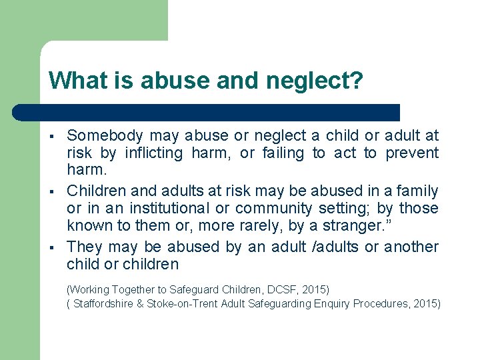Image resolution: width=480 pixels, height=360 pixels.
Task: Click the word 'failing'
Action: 282,153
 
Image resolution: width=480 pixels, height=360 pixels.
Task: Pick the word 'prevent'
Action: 411,153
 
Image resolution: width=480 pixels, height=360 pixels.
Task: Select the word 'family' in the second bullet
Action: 418,191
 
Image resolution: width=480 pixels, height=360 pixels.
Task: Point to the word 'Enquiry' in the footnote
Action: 329,303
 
